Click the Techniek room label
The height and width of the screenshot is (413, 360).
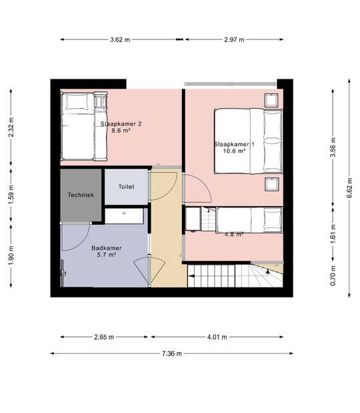(81, 195)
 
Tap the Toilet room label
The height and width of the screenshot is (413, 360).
(126, 186)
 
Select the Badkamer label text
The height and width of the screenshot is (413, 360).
(107, 248)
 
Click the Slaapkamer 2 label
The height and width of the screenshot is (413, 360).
(121, 123)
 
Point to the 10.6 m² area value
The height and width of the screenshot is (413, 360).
(234, 151)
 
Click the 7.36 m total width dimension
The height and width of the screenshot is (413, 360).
(172, 354)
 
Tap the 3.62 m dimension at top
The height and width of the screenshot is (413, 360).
(120, 39)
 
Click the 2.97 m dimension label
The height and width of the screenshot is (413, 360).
(234, 39)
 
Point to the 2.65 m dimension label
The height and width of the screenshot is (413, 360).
(104, 337)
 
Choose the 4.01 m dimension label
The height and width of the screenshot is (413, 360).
(217, 337)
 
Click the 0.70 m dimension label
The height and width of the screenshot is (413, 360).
(333, 276)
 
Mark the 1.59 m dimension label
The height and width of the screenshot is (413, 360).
(11, 194)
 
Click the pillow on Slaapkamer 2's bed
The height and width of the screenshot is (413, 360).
(77, 101)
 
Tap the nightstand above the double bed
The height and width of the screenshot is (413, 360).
(271, 100)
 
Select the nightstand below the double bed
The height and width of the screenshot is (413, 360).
(272, 184)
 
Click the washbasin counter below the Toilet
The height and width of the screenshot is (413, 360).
(124, 216)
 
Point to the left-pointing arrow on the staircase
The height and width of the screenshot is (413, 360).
(191, 276)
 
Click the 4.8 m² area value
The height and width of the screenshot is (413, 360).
(234, 234)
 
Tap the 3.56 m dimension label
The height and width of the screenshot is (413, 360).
(333, 147)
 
